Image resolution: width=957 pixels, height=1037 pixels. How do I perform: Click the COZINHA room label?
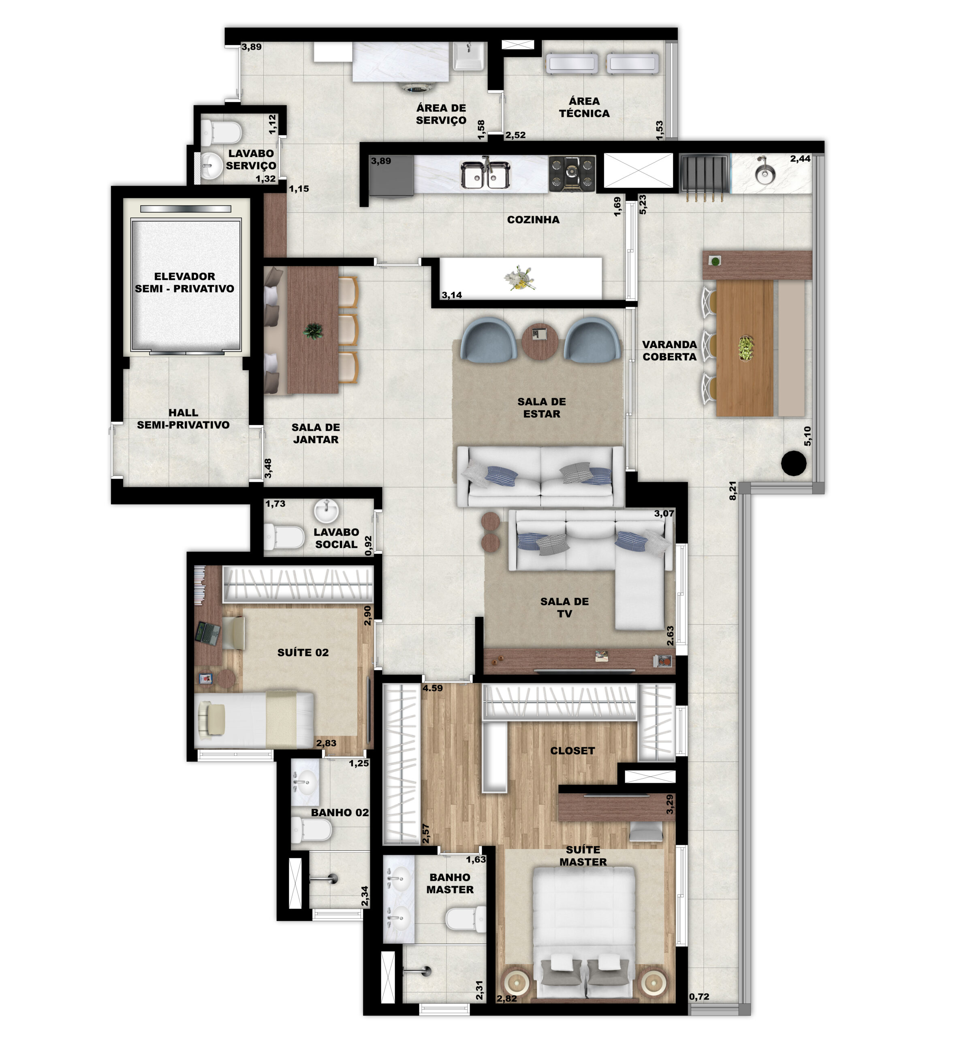(533, 220)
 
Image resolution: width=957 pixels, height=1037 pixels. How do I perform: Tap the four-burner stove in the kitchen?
(572, 173)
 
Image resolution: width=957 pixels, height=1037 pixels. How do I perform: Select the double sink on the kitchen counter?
(486, 175)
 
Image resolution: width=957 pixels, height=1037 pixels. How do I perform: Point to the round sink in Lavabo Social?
(327, 512)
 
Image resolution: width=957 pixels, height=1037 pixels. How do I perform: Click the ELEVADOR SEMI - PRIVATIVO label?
(184, 282)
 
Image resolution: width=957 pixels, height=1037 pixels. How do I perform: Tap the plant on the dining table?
(313, 330)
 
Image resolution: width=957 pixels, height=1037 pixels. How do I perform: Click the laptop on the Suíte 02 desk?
(208, 633)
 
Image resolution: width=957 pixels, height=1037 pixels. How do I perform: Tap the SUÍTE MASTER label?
(583, 856)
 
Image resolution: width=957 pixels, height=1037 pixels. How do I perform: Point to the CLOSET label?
(572, 751)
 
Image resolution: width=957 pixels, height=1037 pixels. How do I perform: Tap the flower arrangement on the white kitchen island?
(518, 277)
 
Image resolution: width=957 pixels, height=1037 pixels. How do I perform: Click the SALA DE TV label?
(564, 607)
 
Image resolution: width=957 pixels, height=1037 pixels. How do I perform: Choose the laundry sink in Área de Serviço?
(468, 56)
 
